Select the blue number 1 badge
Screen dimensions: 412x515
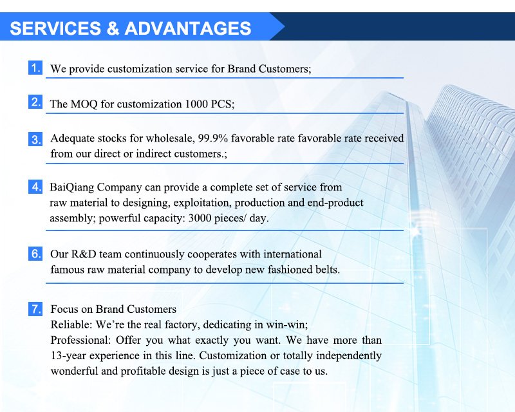coord(35,68)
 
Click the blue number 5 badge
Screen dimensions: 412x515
coord(35,254)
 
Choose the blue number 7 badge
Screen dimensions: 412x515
coord(35,309)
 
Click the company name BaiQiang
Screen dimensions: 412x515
coord(73,187)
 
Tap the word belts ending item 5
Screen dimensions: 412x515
coord(326,270)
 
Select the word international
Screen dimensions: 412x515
coord(288,254)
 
